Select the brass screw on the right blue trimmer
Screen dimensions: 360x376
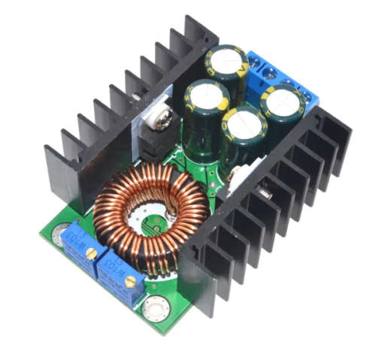pyautogui.click(x=130, y=282)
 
